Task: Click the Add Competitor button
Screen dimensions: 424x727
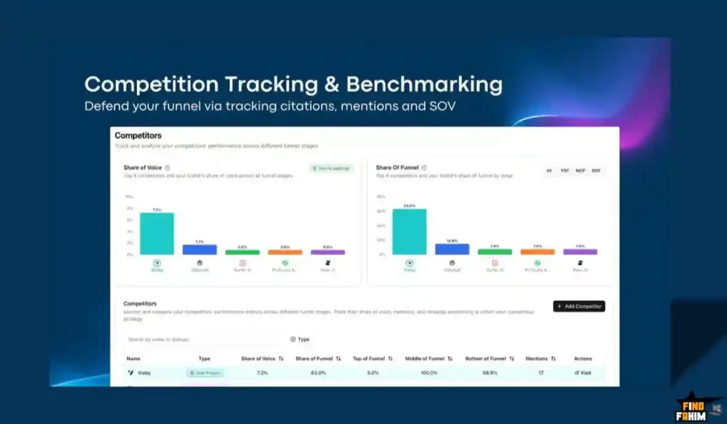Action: click(x=579, y=306)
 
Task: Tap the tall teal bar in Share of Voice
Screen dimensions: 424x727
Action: click(x=157, y=234)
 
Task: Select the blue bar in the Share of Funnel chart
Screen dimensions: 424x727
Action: click(x=452, y=249)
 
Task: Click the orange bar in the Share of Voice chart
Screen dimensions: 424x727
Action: click(x=285, y=251)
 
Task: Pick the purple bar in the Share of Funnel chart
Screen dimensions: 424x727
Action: click(x=580, y=251)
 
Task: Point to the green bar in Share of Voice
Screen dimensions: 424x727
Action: click(x=242, y=251)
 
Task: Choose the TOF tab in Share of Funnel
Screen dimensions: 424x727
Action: click(x=565, y=170)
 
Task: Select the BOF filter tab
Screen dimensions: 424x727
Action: click(x=596, y=170)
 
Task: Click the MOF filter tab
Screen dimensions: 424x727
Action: click(x=581, y=170)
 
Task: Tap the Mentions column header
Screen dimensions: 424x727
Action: click(x=540, y=359)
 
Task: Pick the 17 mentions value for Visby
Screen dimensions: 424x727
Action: click(x=540, y=373)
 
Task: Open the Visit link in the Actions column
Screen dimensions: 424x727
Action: click(x=583, y=373)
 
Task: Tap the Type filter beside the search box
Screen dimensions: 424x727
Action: click(x=300, y=339)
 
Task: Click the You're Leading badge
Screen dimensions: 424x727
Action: click(x=332, y=168)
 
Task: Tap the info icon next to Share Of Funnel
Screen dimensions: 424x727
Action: click(x=424, y=168)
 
